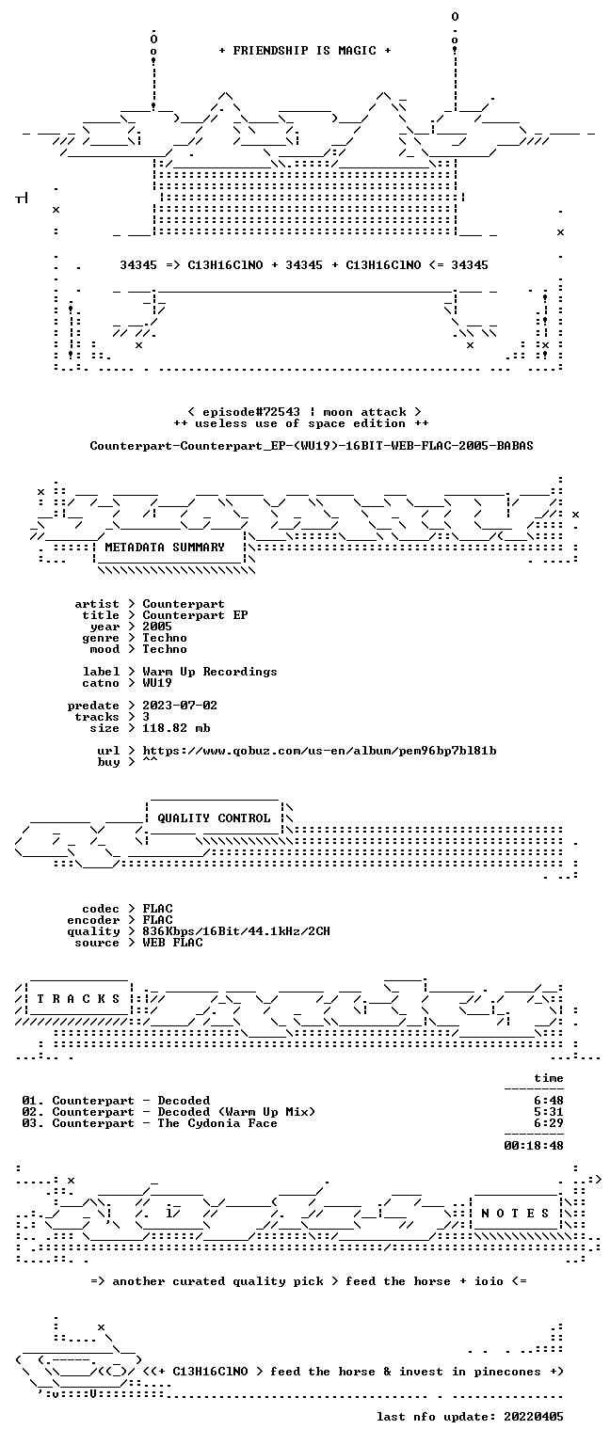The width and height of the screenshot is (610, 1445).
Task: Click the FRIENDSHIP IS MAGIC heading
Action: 305,50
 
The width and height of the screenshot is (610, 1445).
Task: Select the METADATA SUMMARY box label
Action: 165,547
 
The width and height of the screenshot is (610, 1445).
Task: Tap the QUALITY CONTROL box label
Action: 214,818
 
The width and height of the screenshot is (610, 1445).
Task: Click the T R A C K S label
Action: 79,998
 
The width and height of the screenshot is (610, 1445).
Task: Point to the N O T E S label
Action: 515,1213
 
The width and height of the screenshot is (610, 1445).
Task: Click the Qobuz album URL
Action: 319,750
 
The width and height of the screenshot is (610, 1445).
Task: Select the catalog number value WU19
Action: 157,682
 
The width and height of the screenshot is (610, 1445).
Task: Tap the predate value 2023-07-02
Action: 180,705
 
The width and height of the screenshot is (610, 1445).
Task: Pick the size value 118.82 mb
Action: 176,727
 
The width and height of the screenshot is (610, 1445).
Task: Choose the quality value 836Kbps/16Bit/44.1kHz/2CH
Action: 236,930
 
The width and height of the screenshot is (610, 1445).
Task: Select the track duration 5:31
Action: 549,1111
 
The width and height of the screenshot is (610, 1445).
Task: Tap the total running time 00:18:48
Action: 534,1146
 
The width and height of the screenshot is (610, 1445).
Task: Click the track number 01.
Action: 30,1101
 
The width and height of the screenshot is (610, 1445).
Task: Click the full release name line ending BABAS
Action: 312,445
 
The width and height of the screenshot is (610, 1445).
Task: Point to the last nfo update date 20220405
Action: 534,1416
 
